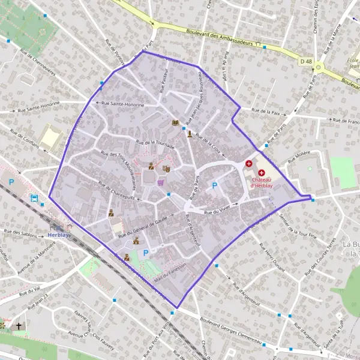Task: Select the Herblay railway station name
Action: pyautogui.click(x=58, y=235)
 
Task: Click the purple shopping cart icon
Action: pyautogui.click(x=160, y=182)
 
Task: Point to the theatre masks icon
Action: pyautogui.click(x=167, y=169)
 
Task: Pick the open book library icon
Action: pyautogui.click(x=175, y=123)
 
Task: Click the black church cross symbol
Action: pyautogui.click(x=19, y=326)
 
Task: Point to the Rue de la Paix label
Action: pyautogui.click(x=266, y=110)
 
